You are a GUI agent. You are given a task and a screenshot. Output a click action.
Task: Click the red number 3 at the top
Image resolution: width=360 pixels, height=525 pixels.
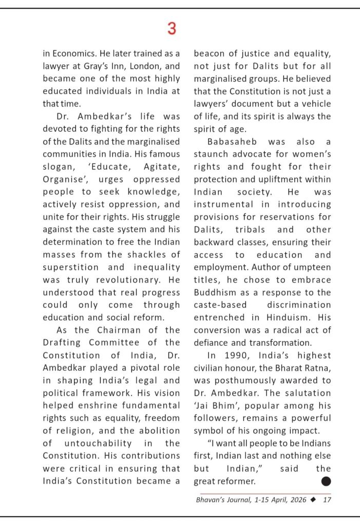tap(172, 29)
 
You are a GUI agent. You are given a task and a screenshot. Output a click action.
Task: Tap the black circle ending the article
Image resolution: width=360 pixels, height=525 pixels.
tap(326, 481)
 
